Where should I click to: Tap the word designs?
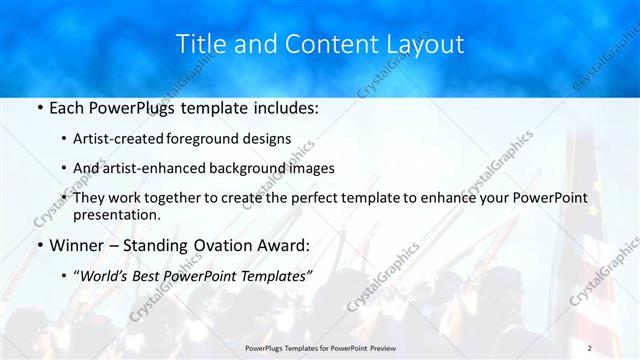[270, 139]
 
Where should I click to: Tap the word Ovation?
[220, 244]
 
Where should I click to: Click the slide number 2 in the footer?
[590, 347]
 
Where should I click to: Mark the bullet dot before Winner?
[38, 244]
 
